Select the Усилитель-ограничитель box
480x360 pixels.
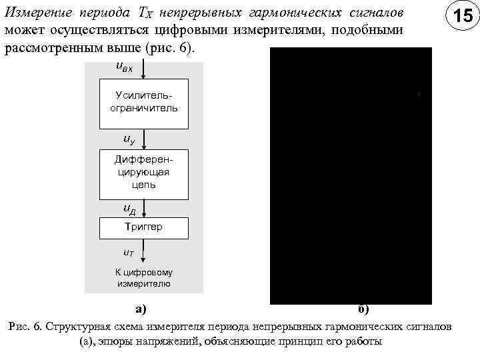click(143, 103)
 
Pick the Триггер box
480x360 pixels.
click(143, 227)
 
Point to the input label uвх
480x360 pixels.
click(124, 67)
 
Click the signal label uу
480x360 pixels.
click(128, 139)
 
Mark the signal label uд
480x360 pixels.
click(129, 209)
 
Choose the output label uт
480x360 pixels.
click(129, 253)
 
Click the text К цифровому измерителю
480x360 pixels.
click(143, 278)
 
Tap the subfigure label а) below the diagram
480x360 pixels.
click(141, 309)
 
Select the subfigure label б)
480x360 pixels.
click(363, 309)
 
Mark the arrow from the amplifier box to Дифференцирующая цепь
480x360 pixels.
click(143, 139)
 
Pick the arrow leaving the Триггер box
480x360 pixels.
click(143, 252)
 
